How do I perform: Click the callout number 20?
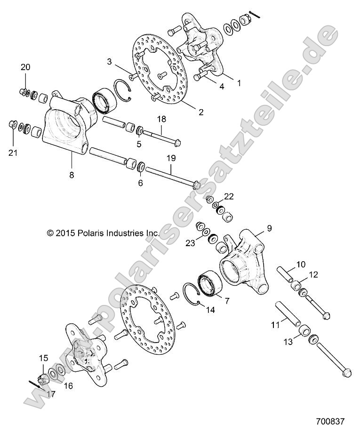[25, 68]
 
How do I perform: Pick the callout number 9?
[269, 228]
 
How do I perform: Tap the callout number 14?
[210, 310]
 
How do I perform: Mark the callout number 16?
[69, 385]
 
